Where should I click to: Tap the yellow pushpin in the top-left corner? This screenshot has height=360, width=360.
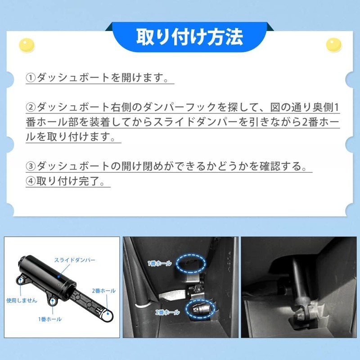[x=27, y=45]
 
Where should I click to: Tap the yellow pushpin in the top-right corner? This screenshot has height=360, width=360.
[x=333, y=45]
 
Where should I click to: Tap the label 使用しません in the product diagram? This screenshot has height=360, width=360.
[x=22, y=300]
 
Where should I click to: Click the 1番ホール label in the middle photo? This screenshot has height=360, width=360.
[x=160, y=263]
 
